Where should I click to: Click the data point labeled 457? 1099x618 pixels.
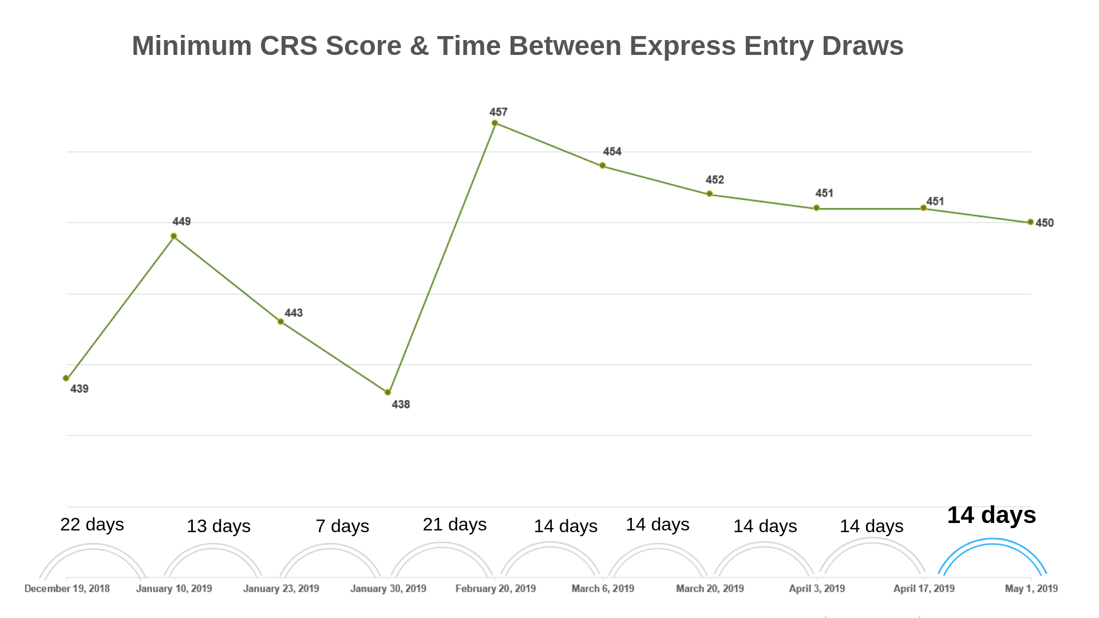point(495,123)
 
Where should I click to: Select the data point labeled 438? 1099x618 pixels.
point(388,392)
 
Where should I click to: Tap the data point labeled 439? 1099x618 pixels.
point(66,378)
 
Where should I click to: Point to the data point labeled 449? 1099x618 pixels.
point(173,236)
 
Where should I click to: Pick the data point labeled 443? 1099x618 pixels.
point(280,322)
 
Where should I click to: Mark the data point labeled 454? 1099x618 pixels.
point(602,165)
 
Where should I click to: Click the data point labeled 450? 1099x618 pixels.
point(1030,222)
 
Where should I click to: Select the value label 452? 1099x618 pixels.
point(714,180)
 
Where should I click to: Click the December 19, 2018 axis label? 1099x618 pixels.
point(67,588)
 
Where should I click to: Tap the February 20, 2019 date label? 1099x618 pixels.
point(496,588)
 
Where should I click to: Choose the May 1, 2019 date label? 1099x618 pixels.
point(1031,588)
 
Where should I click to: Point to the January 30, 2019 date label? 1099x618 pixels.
point(388,588)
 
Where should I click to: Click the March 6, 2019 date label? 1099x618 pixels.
point(603,588)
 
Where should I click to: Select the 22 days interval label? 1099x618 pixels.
point(92,524)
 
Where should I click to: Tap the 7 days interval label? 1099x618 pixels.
point(342,526)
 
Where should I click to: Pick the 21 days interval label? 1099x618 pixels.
point(454,524)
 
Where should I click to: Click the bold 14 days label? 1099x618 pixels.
point(991,515)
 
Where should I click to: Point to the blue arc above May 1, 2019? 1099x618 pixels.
point(992,541)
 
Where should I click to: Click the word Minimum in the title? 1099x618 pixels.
point(192,46)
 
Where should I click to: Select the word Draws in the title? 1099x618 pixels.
point(863,46)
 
